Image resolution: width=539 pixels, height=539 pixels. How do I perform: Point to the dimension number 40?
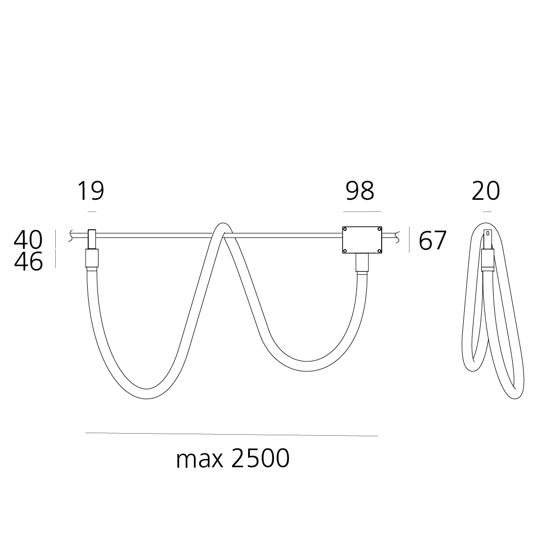click(x=28, y=240)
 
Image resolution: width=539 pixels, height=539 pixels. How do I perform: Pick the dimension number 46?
click(x=28, y=262)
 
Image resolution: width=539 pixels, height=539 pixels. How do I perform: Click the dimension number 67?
click(x=432, y=241)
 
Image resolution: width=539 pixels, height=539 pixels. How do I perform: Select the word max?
click(x=200, y=459)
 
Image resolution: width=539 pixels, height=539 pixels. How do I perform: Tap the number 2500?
click(x=260, y=458)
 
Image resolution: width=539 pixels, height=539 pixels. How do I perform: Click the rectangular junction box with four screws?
click(x=362, y=240)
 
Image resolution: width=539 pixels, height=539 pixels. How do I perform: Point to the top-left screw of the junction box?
click(x=345, y=229)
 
